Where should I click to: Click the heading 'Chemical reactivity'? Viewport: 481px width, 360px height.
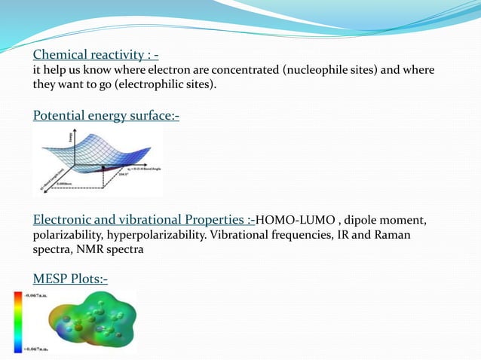[x=95, y=55]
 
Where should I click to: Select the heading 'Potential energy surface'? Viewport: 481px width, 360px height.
[x=106, y=115]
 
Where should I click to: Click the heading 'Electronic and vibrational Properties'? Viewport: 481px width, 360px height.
[x=143, y=220]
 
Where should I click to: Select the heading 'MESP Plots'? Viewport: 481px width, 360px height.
[x=70, y=279]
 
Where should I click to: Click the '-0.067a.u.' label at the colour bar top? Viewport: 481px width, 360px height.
[x=36, y=297]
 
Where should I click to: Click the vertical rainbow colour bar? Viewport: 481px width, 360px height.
[x=17, y=322]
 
